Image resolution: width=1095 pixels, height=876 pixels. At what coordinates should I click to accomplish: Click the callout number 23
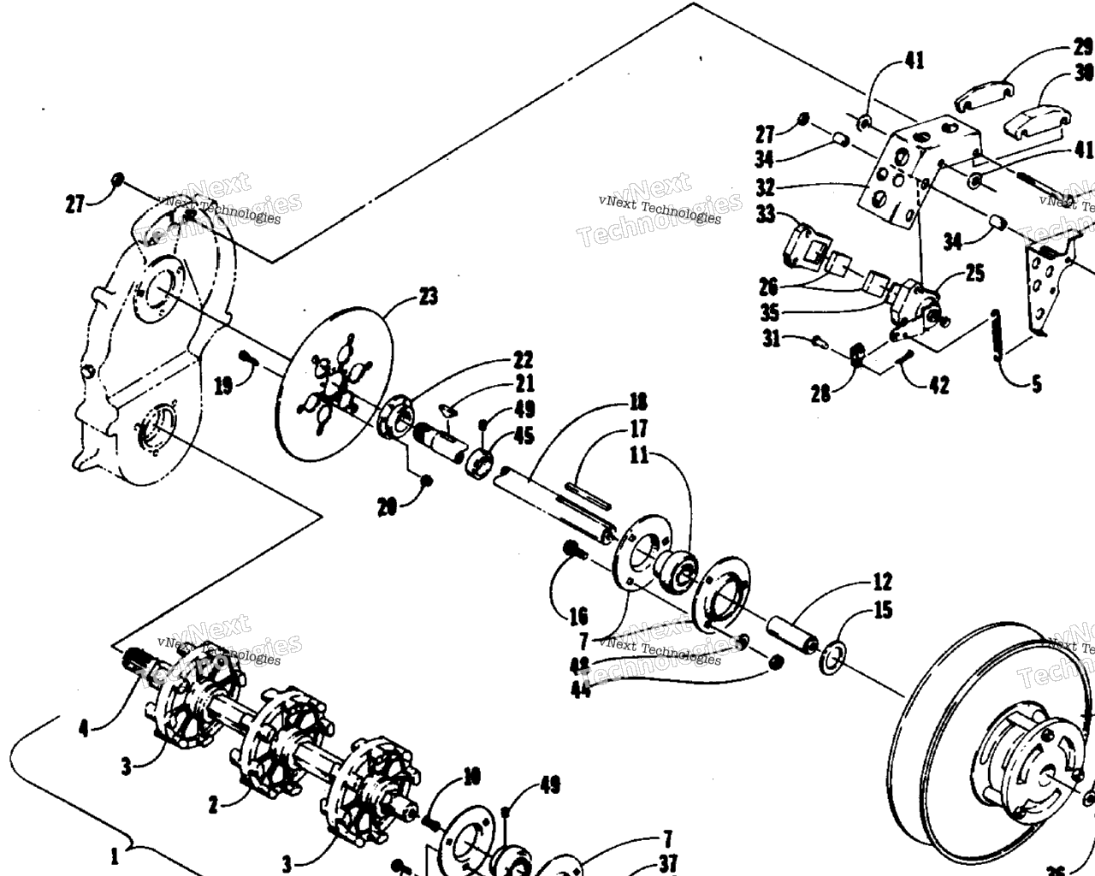428,297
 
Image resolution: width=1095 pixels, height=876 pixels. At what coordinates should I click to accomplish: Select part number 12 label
882,583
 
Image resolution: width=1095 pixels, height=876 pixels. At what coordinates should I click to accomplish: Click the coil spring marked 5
997,338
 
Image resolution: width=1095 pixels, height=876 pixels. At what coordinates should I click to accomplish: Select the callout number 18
637,401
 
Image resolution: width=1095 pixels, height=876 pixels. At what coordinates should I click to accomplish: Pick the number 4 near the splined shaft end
83,728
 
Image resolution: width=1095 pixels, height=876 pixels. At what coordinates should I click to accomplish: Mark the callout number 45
524,436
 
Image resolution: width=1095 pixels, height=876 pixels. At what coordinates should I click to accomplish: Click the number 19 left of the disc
222,388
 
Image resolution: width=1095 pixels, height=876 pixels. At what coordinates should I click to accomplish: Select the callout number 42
938,386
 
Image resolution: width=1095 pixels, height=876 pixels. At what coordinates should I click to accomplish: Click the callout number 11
638,455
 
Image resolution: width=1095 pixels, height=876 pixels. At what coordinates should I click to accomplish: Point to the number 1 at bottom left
114,857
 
